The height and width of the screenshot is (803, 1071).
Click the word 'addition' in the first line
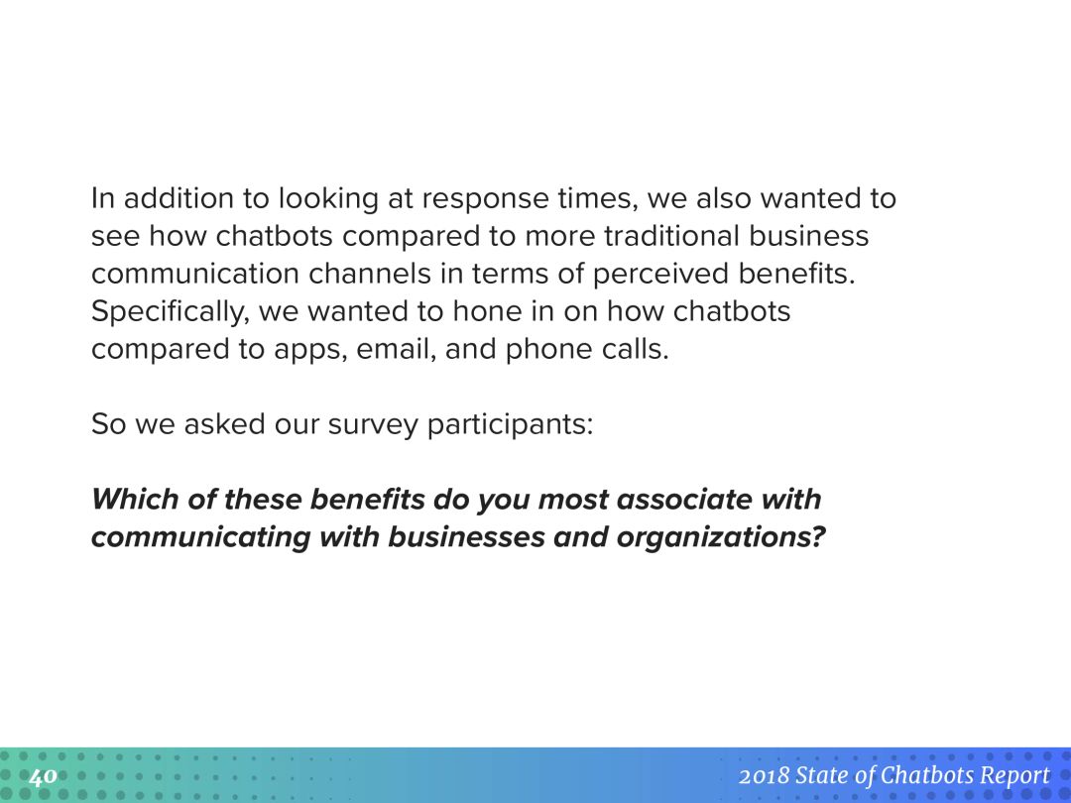tap(178, 198)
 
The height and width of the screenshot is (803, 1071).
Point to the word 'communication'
tap(195, 274)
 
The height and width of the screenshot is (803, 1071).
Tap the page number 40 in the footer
tap(43, 776)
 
